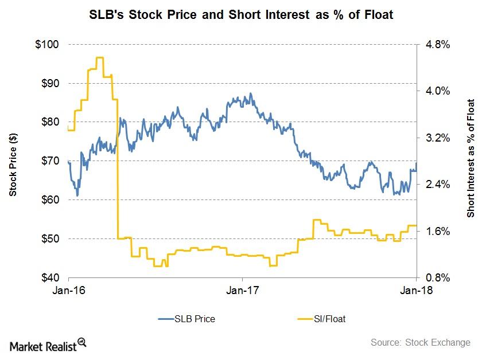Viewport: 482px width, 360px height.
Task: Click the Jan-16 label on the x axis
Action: point(68,291)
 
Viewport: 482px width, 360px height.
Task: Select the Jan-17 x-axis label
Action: point(242,291)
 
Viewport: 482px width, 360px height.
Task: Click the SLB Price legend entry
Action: point(192,319)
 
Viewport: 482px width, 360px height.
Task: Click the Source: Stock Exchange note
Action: point(419,343)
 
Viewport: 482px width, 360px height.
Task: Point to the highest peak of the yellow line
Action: point(99,57)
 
